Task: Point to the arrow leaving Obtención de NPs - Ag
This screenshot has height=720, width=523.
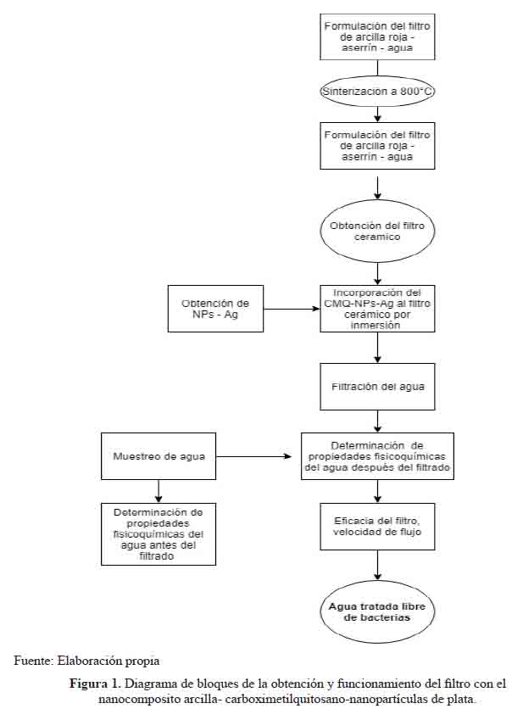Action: coord(292,309)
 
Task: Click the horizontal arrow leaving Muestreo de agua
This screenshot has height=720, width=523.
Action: coord(253,456)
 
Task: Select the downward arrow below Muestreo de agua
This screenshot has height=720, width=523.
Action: coord(159,491)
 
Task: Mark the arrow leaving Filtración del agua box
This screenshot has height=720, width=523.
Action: coord(377,421)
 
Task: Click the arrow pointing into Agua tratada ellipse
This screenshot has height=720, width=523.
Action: coord(377,566)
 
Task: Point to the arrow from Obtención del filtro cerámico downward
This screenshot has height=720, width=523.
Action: coord(377,274)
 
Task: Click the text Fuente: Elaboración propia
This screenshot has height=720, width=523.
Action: coord(86,661)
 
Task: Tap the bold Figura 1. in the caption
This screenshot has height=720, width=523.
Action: coord(96,684)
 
